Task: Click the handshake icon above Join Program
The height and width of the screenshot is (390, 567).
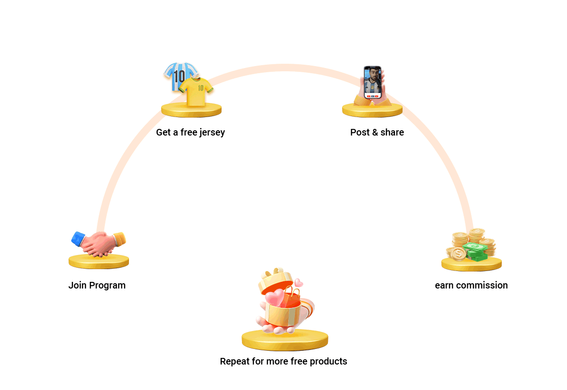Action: [x=99, y=243]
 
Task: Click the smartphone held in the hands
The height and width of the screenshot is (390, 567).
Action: [x=372, y=82]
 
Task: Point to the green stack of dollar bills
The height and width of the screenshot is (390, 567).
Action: [x=476, y=252]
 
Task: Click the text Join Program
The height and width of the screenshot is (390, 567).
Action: [x=97, y=285]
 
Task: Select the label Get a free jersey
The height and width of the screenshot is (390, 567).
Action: [x=190, y=132]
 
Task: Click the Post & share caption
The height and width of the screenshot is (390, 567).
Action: [x=377, y=132]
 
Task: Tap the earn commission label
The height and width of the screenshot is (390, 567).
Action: [x=471, y=285]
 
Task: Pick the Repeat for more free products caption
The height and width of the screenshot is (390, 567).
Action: [x=283, y=361]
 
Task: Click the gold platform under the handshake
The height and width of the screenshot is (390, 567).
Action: [x=99, y=261]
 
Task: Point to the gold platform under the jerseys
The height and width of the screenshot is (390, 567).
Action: [x=191, y=110]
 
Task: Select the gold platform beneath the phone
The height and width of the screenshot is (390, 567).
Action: [x=372, y=110]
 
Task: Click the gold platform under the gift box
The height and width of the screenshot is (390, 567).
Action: [x=285, y=340]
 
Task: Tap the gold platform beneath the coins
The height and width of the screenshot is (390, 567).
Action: [x=472, y=264]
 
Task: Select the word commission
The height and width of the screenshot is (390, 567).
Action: [x=484, y=285]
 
